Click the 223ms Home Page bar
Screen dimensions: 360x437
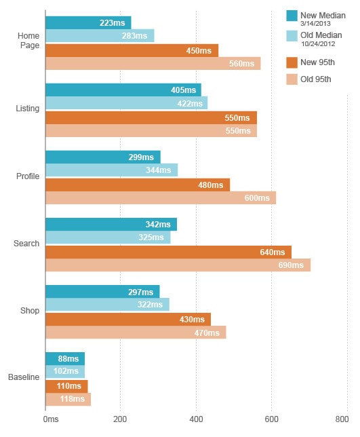tap(88, 22)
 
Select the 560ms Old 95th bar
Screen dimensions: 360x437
tap(153, 64)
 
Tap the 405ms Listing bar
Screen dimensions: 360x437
tap(123, 90)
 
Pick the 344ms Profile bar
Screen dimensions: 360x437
tap(112, 170)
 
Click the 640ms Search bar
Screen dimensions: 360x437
tap(168, 252)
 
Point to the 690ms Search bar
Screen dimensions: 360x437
tap(178, 265)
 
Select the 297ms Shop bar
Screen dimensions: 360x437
tap(102, 292)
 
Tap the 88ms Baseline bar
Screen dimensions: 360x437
tap(65, 359)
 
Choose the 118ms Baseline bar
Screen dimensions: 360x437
tap(68, 400)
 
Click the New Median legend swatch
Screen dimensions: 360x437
tap(292, 16)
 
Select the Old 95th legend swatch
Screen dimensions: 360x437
tap(292, 79)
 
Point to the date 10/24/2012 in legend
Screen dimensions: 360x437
tap(318, 43)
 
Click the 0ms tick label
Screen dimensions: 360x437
tap(51, 419)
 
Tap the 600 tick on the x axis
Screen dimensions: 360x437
tap(271, 419)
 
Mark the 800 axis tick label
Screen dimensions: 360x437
tap(342, 419)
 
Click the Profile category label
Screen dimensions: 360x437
tap(28, 176)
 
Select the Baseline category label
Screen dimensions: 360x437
tap(24, 377)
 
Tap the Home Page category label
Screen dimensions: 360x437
tap(28, 41)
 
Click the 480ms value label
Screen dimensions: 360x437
tap(211, 185)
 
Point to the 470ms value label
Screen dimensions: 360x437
tap(207, 333)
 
